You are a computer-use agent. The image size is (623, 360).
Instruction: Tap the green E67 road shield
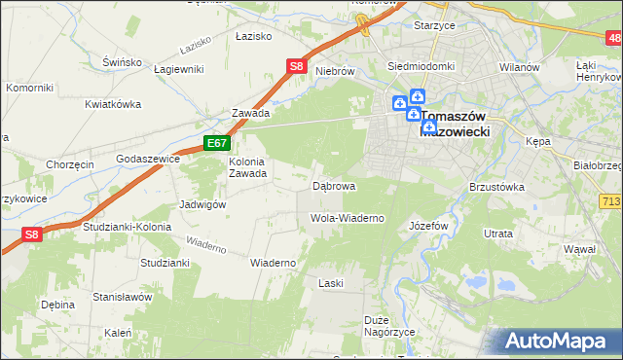pyautogui.click(x=217, y=143)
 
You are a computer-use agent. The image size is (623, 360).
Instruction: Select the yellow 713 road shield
pyautogui.click(x=610, y=199)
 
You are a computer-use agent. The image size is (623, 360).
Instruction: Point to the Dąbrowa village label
pyautogui.click(x=334, y=185)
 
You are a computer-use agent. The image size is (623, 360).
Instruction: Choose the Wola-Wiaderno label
pyautogui.click(x=347, y=218)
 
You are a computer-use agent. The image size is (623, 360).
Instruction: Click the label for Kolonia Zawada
pyautogui.click(x=247, y=167)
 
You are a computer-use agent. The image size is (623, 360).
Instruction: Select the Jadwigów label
pyautogui.click(x=202, y=204)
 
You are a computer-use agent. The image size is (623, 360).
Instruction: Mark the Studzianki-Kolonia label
pyautogui.click(x=127, y=227)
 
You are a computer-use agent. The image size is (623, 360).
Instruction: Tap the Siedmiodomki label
pyautogui.click(x=421, y=66)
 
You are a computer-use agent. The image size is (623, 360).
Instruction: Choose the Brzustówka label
pyautogui.click(x=496, y=186)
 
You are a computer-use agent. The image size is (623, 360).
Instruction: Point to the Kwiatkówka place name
pyautogui.click(x=113, y=104)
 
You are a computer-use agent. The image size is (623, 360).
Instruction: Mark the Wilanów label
pyautogui.click(x=519, y=66)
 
